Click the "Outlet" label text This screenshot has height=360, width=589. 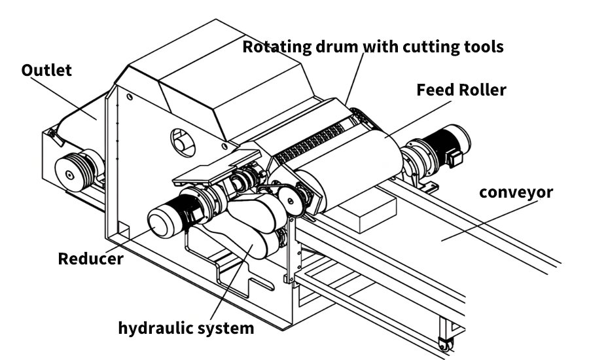46,70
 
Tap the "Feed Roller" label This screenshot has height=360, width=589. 461,90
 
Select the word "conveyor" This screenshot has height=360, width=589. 516,192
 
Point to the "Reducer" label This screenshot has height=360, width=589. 90,259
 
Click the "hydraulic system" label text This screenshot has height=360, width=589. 186,327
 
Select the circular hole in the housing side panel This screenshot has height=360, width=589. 180,139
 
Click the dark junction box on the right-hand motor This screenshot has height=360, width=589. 456,157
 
